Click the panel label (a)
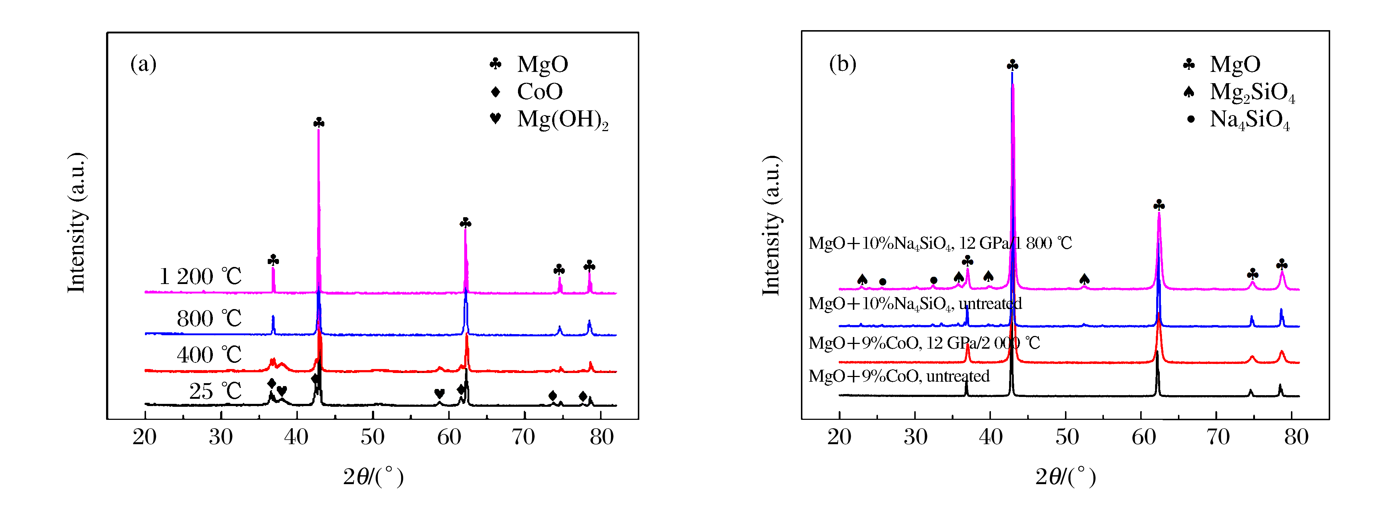pos(143,64)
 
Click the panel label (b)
pos(842,64)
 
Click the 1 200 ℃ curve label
pos(200,277)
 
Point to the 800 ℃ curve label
pos(209,319)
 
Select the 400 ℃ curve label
pos(209,355)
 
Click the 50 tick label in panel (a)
pos(373,437)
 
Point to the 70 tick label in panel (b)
pos(1218,437)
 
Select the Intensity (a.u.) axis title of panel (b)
pos(771,225)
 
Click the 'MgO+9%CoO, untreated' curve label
pos(899,376)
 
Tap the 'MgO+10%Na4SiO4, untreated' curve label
pos(915,304)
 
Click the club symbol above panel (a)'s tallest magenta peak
pos(319,123)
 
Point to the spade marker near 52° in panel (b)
pos(1084,279)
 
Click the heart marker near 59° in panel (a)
pos(439,393)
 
